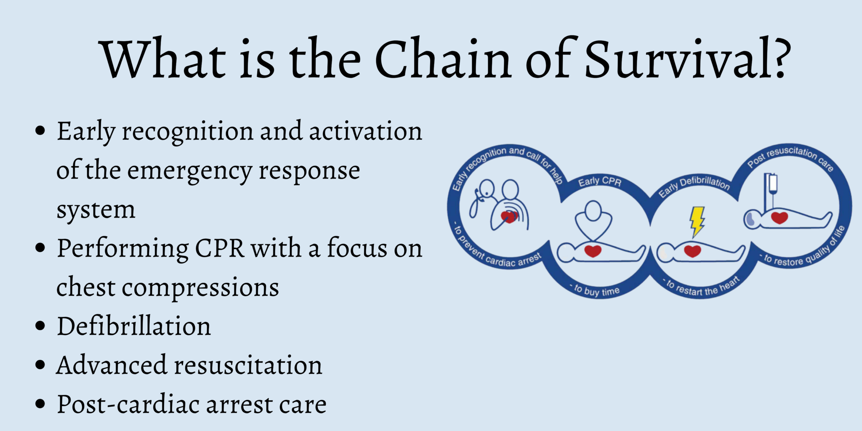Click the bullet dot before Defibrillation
(40, 326)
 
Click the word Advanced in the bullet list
(112, 365)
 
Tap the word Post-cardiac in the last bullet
(128, 404)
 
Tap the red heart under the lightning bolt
(692, 251)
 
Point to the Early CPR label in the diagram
(599, 181)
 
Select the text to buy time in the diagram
(597, 290)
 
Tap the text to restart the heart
(702, 287)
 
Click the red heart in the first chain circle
(508, 217)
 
